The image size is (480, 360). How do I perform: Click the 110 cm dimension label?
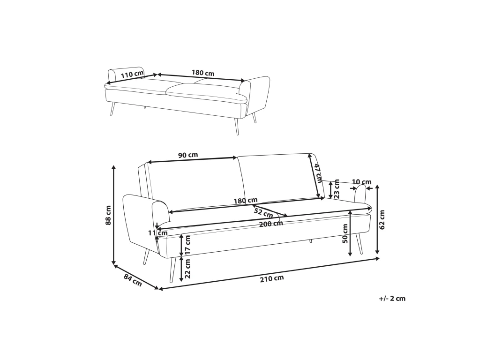pos(132,75)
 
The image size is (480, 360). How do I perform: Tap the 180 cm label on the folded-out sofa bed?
pos(203,73)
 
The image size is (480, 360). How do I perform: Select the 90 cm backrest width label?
pos(188,155)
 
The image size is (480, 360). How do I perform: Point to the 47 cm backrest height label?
pos(318,172)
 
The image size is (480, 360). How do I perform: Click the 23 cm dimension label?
pos(337,189)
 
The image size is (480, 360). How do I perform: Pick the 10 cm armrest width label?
pos(361,182)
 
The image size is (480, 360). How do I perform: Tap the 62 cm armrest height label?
pos(382,219)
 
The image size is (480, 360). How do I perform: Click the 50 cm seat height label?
pos(345,233)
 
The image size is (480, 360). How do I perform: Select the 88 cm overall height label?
pos(108,215)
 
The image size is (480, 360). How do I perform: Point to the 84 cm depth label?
pos(133,280)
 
